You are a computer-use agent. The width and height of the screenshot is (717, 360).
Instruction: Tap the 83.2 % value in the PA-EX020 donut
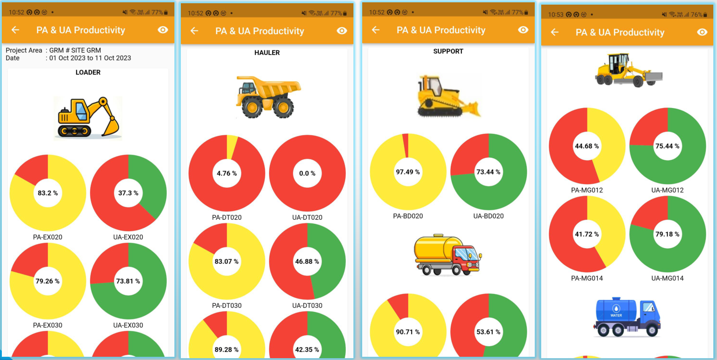coord(48,193)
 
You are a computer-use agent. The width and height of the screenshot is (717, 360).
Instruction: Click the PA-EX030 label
coord(48,325)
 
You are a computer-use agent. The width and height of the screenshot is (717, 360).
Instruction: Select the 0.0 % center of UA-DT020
coord(307,174)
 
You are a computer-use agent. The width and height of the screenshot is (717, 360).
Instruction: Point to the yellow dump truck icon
coord(268,97)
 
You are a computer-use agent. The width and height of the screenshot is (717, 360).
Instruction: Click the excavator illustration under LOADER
coord(88,118)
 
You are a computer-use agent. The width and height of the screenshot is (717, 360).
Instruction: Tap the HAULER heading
coord(267,53)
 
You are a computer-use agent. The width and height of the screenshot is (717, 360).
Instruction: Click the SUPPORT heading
coord(448,51)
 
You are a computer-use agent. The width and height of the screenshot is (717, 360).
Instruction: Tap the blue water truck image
coord(627,317)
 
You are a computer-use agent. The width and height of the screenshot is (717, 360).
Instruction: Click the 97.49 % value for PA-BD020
coord(408,172)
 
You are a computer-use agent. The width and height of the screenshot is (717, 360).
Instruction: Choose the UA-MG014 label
coord(667,278)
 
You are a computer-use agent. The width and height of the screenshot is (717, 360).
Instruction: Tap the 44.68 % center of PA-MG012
coord(587,146)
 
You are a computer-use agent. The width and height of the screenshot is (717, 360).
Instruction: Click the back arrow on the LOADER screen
coord(15,30)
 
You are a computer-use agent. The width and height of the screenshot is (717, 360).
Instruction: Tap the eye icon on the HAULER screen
coord(342,31)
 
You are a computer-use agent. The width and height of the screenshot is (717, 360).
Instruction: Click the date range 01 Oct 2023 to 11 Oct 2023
coord(90,58)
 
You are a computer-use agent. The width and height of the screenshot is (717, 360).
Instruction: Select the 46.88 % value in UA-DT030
coord(307,262)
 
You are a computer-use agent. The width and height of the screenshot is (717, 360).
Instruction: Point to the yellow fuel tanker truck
coord(448,255)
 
